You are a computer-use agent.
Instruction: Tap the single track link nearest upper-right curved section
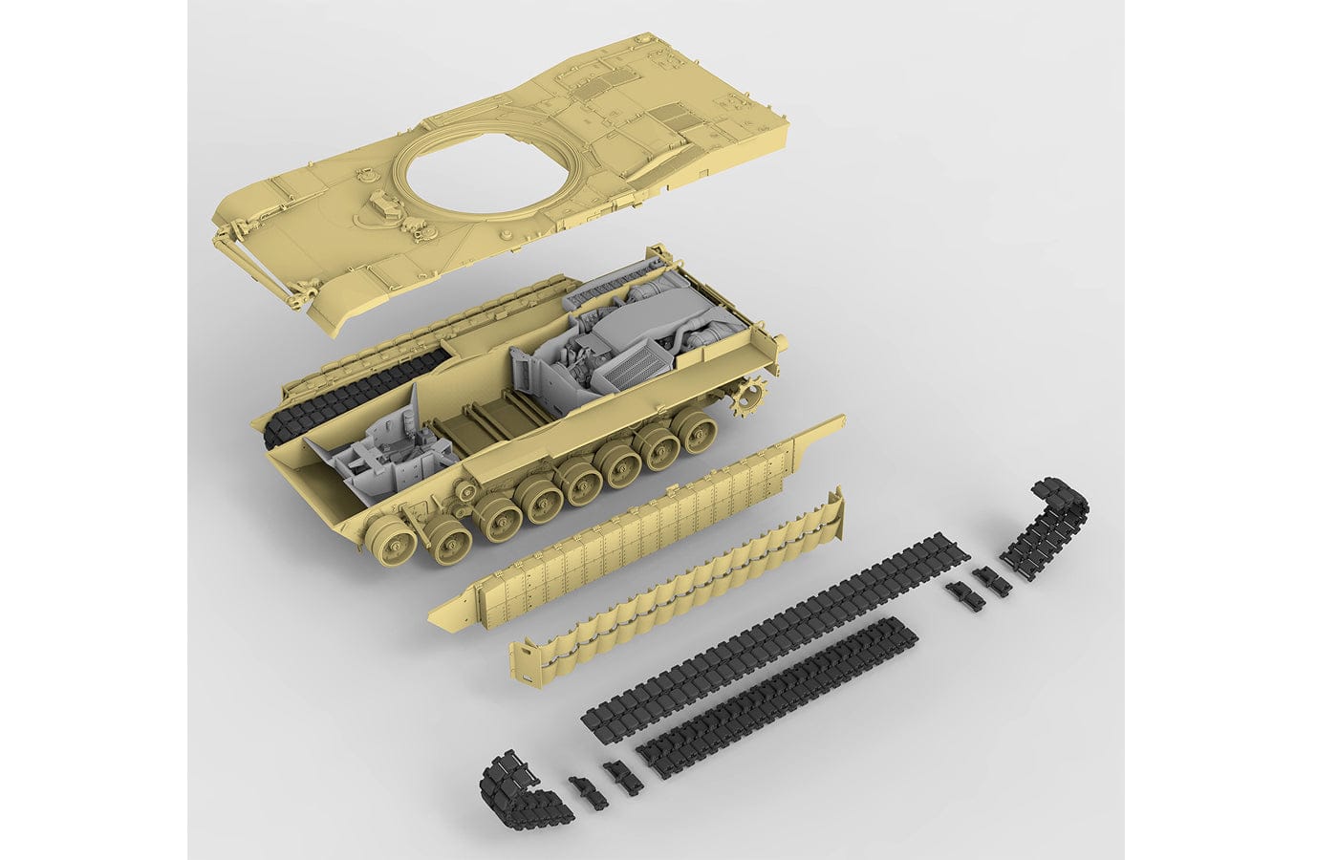pyautogui.click(x=984, y=578)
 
